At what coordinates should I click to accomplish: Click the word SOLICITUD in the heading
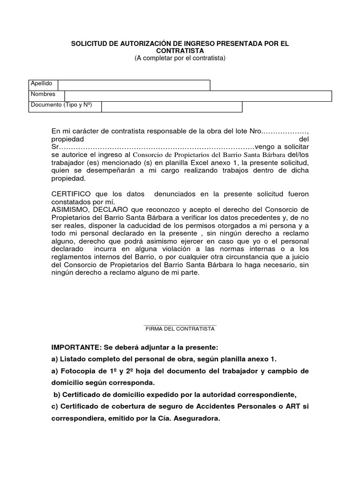(x=88, y=44)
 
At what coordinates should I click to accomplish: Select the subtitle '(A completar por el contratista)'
(x=180, y=58)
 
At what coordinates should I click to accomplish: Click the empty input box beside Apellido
(x=134, y=85)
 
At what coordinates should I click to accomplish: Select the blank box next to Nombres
(x=194, y=96)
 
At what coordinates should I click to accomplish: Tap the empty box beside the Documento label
(x=172, y=107)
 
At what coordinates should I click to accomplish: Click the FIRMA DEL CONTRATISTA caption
(x=180, y=329)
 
